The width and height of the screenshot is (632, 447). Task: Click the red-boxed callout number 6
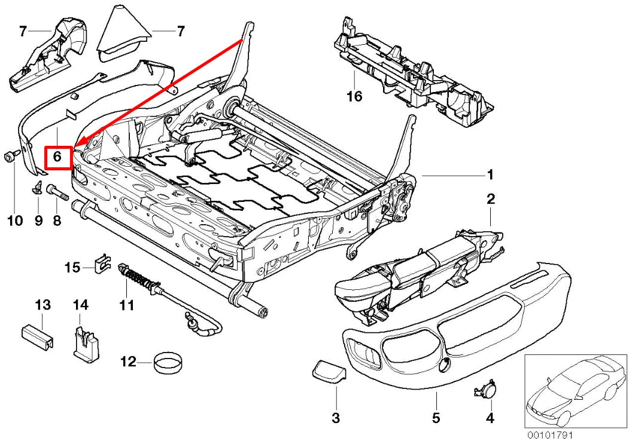tap(58, 157)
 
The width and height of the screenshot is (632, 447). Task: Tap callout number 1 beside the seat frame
tap(490, 175)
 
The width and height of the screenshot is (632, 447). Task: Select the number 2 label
tap(491, 199)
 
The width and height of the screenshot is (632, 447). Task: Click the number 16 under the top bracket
tap(355, 96)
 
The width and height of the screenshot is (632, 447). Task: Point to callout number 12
tap(128, 362)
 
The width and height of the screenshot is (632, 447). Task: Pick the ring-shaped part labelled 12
tap(169, 362)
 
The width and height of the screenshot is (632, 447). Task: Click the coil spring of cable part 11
tap(141, 278)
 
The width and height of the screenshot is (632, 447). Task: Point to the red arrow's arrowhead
tap(78, 144)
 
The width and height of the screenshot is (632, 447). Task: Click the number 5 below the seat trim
tap(436, 417)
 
